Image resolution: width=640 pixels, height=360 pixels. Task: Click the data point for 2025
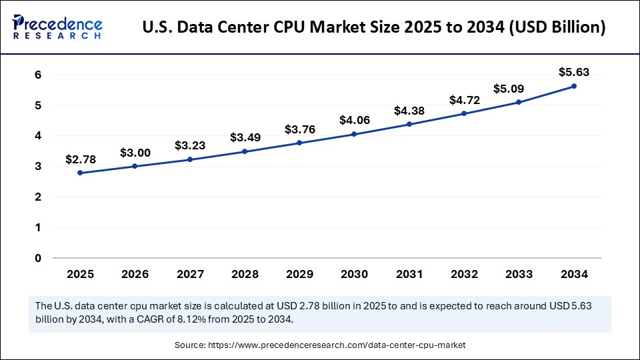point(80,173)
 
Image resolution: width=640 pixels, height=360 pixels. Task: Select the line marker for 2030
point(354,134)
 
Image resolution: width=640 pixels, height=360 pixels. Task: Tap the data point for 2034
point(573,86)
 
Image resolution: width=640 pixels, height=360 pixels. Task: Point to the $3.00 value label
point(135,153)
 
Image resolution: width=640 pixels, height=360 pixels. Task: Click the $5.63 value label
point(574,72)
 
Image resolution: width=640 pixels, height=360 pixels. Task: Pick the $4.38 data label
point(409,110)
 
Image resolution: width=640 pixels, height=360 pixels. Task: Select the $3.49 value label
point(245,137)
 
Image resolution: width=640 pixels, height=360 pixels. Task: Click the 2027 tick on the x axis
point(189,274)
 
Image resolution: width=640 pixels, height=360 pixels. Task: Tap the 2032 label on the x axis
point(464,274)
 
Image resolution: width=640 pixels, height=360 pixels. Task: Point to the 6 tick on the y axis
point(38,75)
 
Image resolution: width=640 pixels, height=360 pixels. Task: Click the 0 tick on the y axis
point(38,258)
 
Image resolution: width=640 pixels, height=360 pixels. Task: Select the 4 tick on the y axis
point(38,136)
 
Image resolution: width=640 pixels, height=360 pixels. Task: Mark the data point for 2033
point(519,102)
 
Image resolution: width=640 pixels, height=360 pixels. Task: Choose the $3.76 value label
point(299,129)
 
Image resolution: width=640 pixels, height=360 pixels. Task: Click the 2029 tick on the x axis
point(299,274)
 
